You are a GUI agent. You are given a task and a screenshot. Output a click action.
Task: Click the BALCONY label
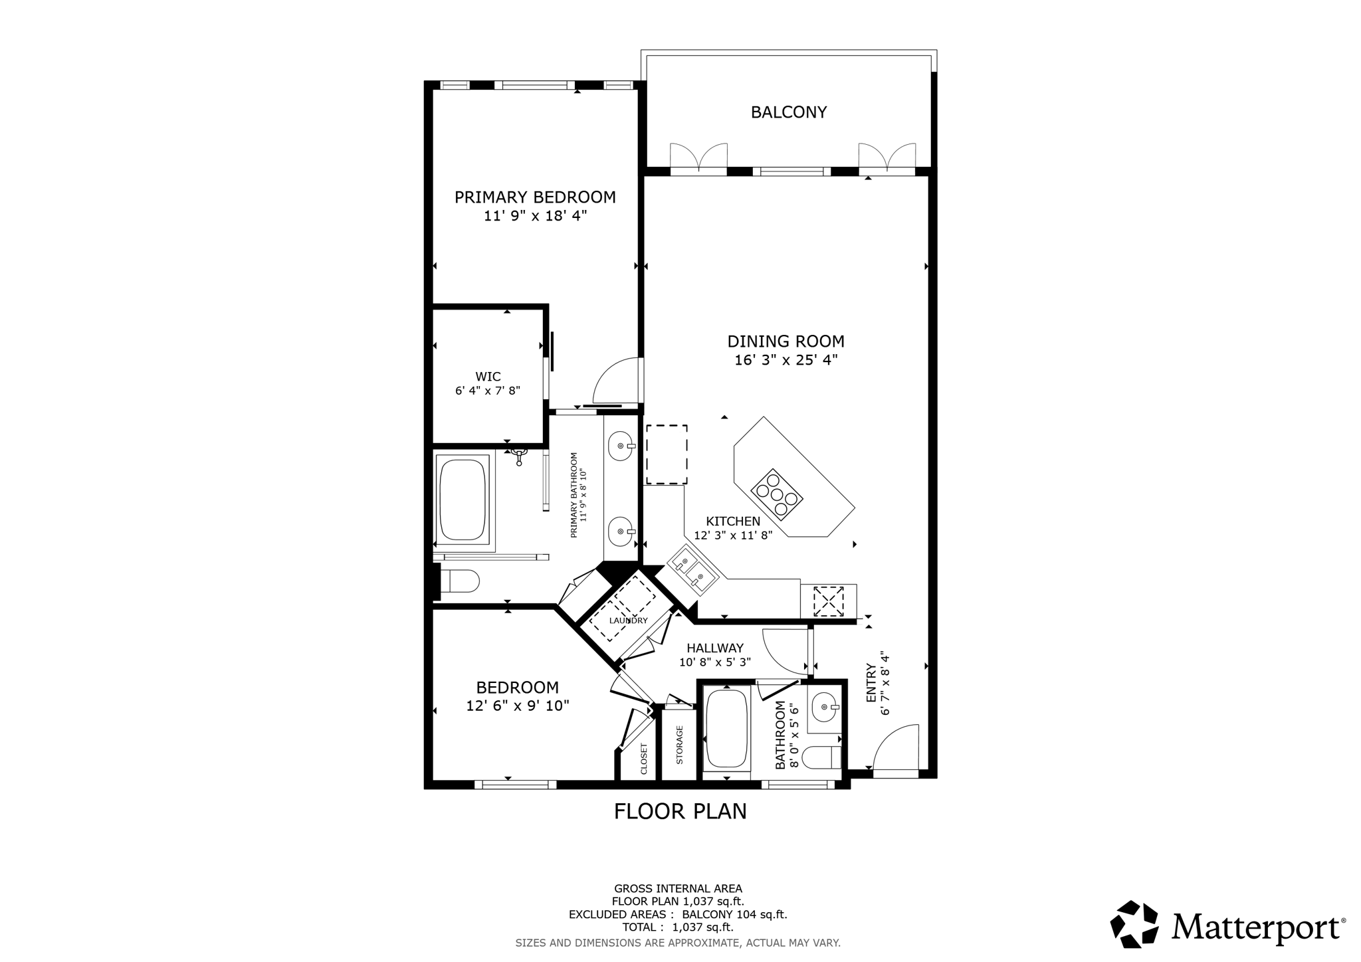coord(788,112)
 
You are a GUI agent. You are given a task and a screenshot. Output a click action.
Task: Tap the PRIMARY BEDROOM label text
coord(535,197)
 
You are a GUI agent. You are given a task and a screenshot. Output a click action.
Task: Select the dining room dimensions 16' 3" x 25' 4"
coord(785,360)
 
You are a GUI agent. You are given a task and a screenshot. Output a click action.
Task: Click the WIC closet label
coord(488,377)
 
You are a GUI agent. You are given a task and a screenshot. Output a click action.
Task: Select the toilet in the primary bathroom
coord(460,581)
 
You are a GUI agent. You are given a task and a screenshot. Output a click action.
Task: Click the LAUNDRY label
coord(628,621)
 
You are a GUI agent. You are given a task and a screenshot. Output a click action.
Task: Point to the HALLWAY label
coord(715,648)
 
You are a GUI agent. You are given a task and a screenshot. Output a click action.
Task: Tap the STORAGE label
coord(679,745)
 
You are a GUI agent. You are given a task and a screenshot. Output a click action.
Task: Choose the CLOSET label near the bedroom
coord(644,759)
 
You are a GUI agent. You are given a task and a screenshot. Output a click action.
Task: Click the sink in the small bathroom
coord(825,707)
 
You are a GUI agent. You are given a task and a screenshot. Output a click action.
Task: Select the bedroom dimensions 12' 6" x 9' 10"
coord(518,706)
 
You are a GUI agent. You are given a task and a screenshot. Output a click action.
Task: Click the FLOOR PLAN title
coord(680,811)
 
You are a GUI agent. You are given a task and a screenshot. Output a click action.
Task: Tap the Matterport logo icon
coord(1135,924)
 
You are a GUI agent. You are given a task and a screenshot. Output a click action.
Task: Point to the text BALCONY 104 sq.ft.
coord(734,914)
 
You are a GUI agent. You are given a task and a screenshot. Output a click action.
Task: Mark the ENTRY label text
coord(871,682)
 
